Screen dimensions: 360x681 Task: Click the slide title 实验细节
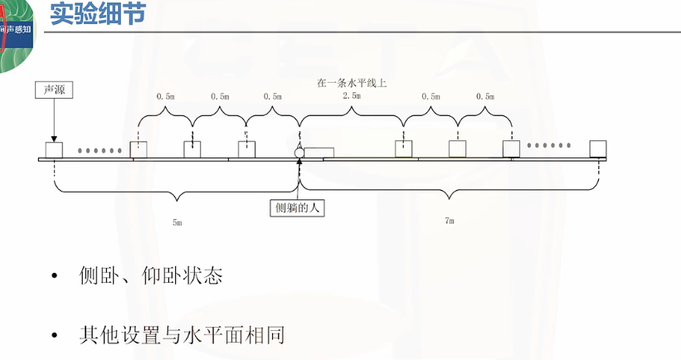92,14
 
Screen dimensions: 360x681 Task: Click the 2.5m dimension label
352,96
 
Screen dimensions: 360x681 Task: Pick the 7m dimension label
450,221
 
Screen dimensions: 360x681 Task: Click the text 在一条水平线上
352,83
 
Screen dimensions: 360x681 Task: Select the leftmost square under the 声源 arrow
54,149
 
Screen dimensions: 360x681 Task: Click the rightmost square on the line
598,148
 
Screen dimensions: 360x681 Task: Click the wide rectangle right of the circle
320,153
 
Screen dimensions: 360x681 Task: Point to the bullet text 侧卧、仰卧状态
151,276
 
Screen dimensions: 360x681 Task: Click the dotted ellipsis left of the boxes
100,150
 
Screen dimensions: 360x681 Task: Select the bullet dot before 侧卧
56,277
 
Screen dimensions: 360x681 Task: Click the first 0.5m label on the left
165,96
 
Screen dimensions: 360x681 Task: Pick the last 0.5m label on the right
484,96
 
